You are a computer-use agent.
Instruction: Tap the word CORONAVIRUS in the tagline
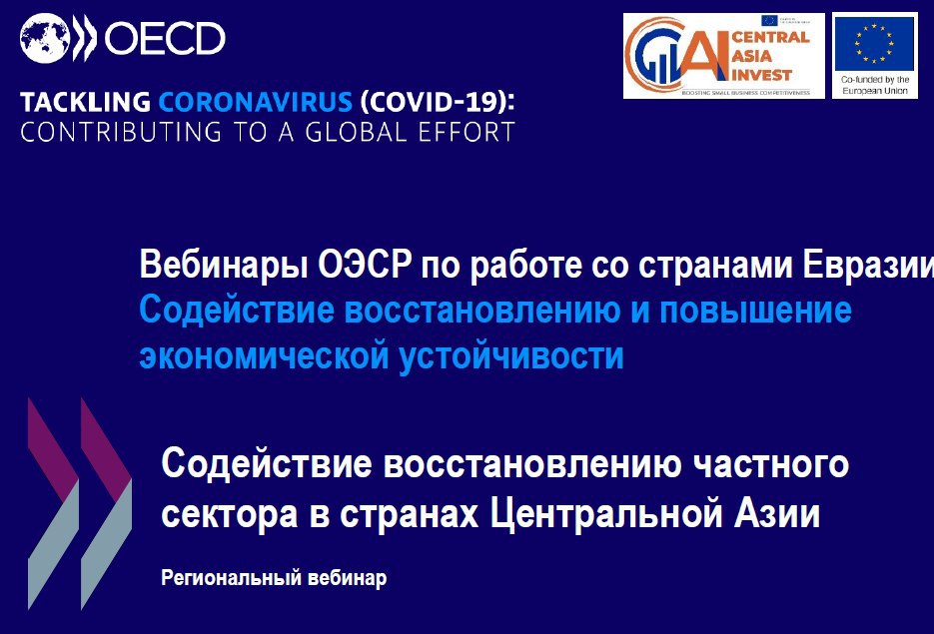256,102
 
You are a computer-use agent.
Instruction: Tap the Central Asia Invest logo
723,55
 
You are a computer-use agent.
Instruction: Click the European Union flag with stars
875,41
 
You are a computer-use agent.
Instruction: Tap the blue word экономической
263,355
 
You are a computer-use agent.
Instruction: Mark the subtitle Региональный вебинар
273,578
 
